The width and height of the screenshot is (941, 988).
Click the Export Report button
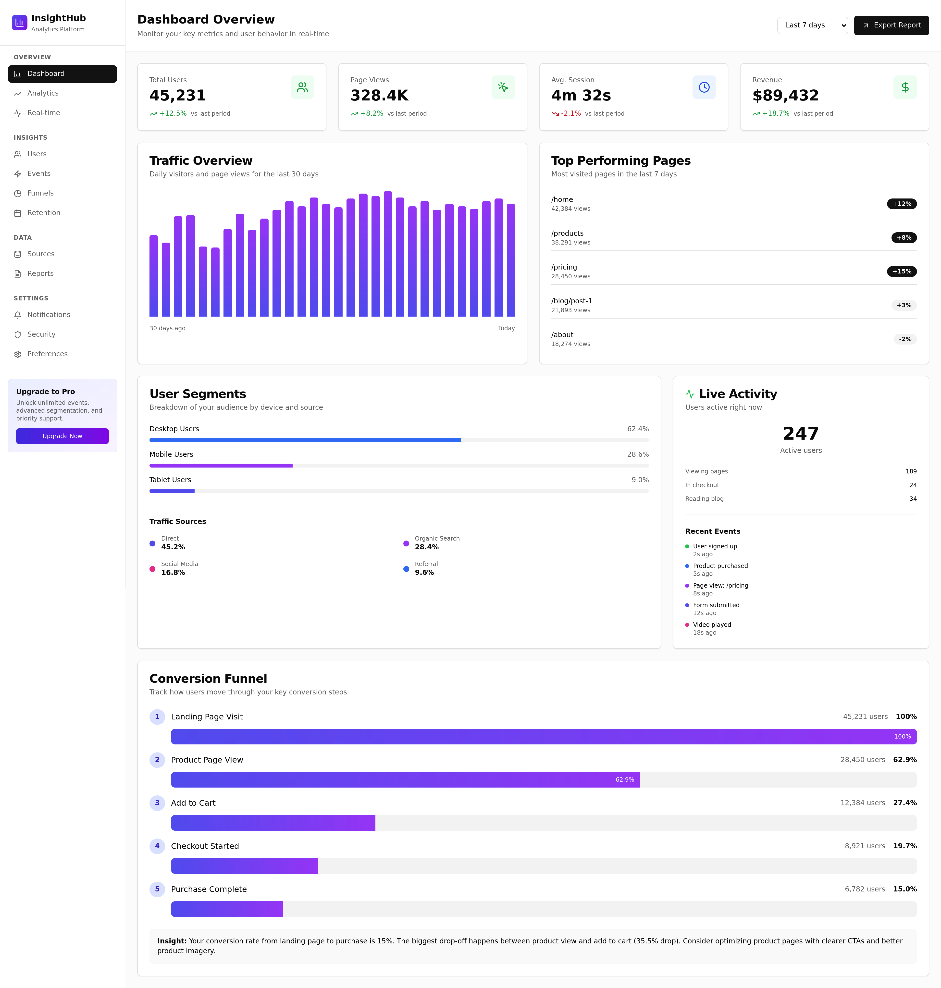point(891,25)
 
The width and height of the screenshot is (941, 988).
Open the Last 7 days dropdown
point(812,25)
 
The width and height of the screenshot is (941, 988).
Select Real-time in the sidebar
point(44,113)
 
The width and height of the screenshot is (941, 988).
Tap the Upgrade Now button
point(62,436)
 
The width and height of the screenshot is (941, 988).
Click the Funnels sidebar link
point(40,193)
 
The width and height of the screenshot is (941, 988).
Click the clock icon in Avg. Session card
point(704,87)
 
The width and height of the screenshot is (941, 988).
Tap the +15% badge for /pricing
point(901,271)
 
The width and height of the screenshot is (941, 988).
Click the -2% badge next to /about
point(905,339)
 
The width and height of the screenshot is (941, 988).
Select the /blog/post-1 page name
point(571,301)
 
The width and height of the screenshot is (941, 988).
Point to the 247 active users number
point(801,433)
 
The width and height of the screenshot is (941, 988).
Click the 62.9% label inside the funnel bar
point(624,779)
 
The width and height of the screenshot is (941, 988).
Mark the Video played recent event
point(712,624)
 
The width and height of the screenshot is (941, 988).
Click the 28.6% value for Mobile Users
point(638,454)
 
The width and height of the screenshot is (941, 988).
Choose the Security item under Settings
point(41,334)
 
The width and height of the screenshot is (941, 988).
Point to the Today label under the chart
point(506,328)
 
